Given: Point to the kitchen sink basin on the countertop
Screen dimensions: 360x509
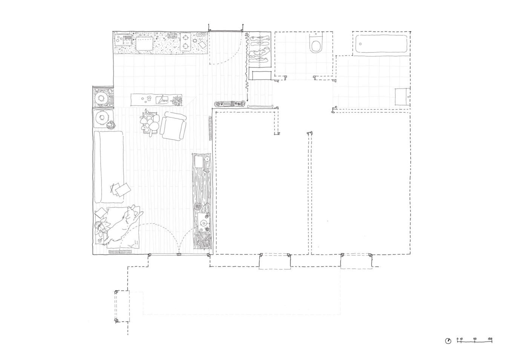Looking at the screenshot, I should coord(144,43).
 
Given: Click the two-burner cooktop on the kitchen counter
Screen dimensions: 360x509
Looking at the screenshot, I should coord(186,42).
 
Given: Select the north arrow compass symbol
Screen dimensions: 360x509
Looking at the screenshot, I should coord(448,341).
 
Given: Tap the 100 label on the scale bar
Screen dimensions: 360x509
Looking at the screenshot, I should coord(489,339).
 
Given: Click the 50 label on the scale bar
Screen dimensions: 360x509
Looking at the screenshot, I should coord(475,339).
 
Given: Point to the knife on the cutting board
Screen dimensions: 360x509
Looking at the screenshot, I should coord(162,100).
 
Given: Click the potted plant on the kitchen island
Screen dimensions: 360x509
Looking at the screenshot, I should coord(176,100).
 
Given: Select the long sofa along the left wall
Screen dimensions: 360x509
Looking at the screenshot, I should coord(109,166).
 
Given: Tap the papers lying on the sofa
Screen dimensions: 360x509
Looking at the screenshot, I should coord(120,189).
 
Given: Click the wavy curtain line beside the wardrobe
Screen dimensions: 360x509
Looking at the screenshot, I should coord(246,68).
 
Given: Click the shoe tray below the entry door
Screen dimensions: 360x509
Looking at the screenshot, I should coord(230,103).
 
